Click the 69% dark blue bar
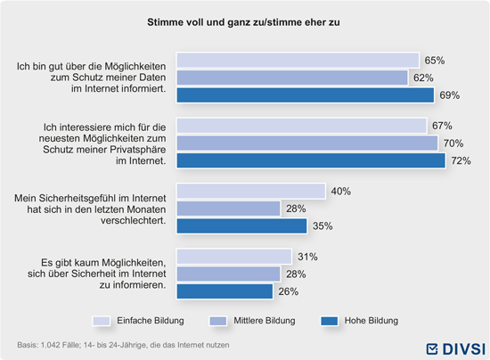[x=306, y=95]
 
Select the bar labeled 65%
[x=298, y=61]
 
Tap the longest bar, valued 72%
[x=311, y=160]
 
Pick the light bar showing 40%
[x=251, y=191]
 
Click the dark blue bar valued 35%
[x=241, y=225]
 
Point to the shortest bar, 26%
[x=225, y=291]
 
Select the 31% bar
[x=234, y=257]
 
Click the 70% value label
[x=453, y=143]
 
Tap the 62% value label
[x=423, y=78]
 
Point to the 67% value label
[x=442, y=126]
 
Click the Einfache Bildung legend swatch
[x=102, y=321]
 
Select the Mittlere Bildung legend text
[x=265, y=321]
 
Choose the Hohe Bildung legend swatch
[x=330, y=321]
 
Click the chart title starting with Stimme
[x=243, y=22]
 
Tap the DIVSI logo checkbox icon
[x=432, y=349]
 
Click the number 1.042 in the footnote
[x=50, y=345]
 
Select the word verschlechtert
[x=133, y=220]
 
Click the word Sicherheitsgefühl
[x=85, y=199]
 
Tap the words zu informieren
[x=133, y=284]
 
